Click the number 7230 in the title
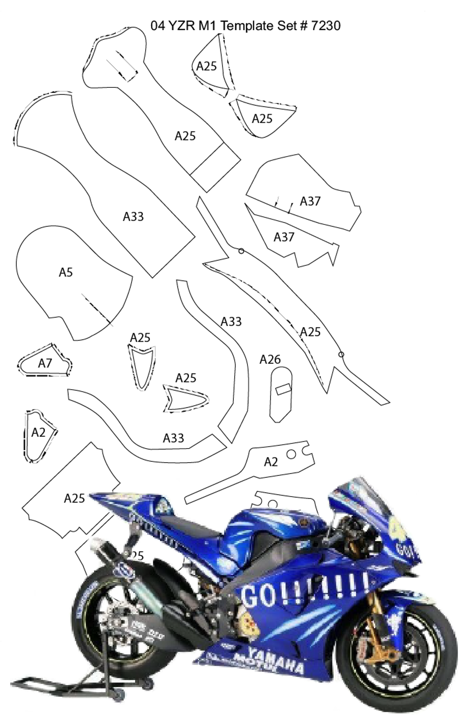click(326, 26)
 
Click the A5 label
click(66, 272)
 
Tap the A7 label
click(45, 363)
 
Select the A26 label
click(270, 360)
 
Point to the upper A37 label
click(310, 201)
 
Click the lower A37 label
click(284, 237)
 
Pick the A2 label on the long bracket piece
click(271, 462)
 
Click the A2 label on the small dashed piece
click(38, 432)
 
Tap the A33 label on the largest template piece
click(133, 217)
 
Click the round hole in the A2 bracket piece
click(291, 454)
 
